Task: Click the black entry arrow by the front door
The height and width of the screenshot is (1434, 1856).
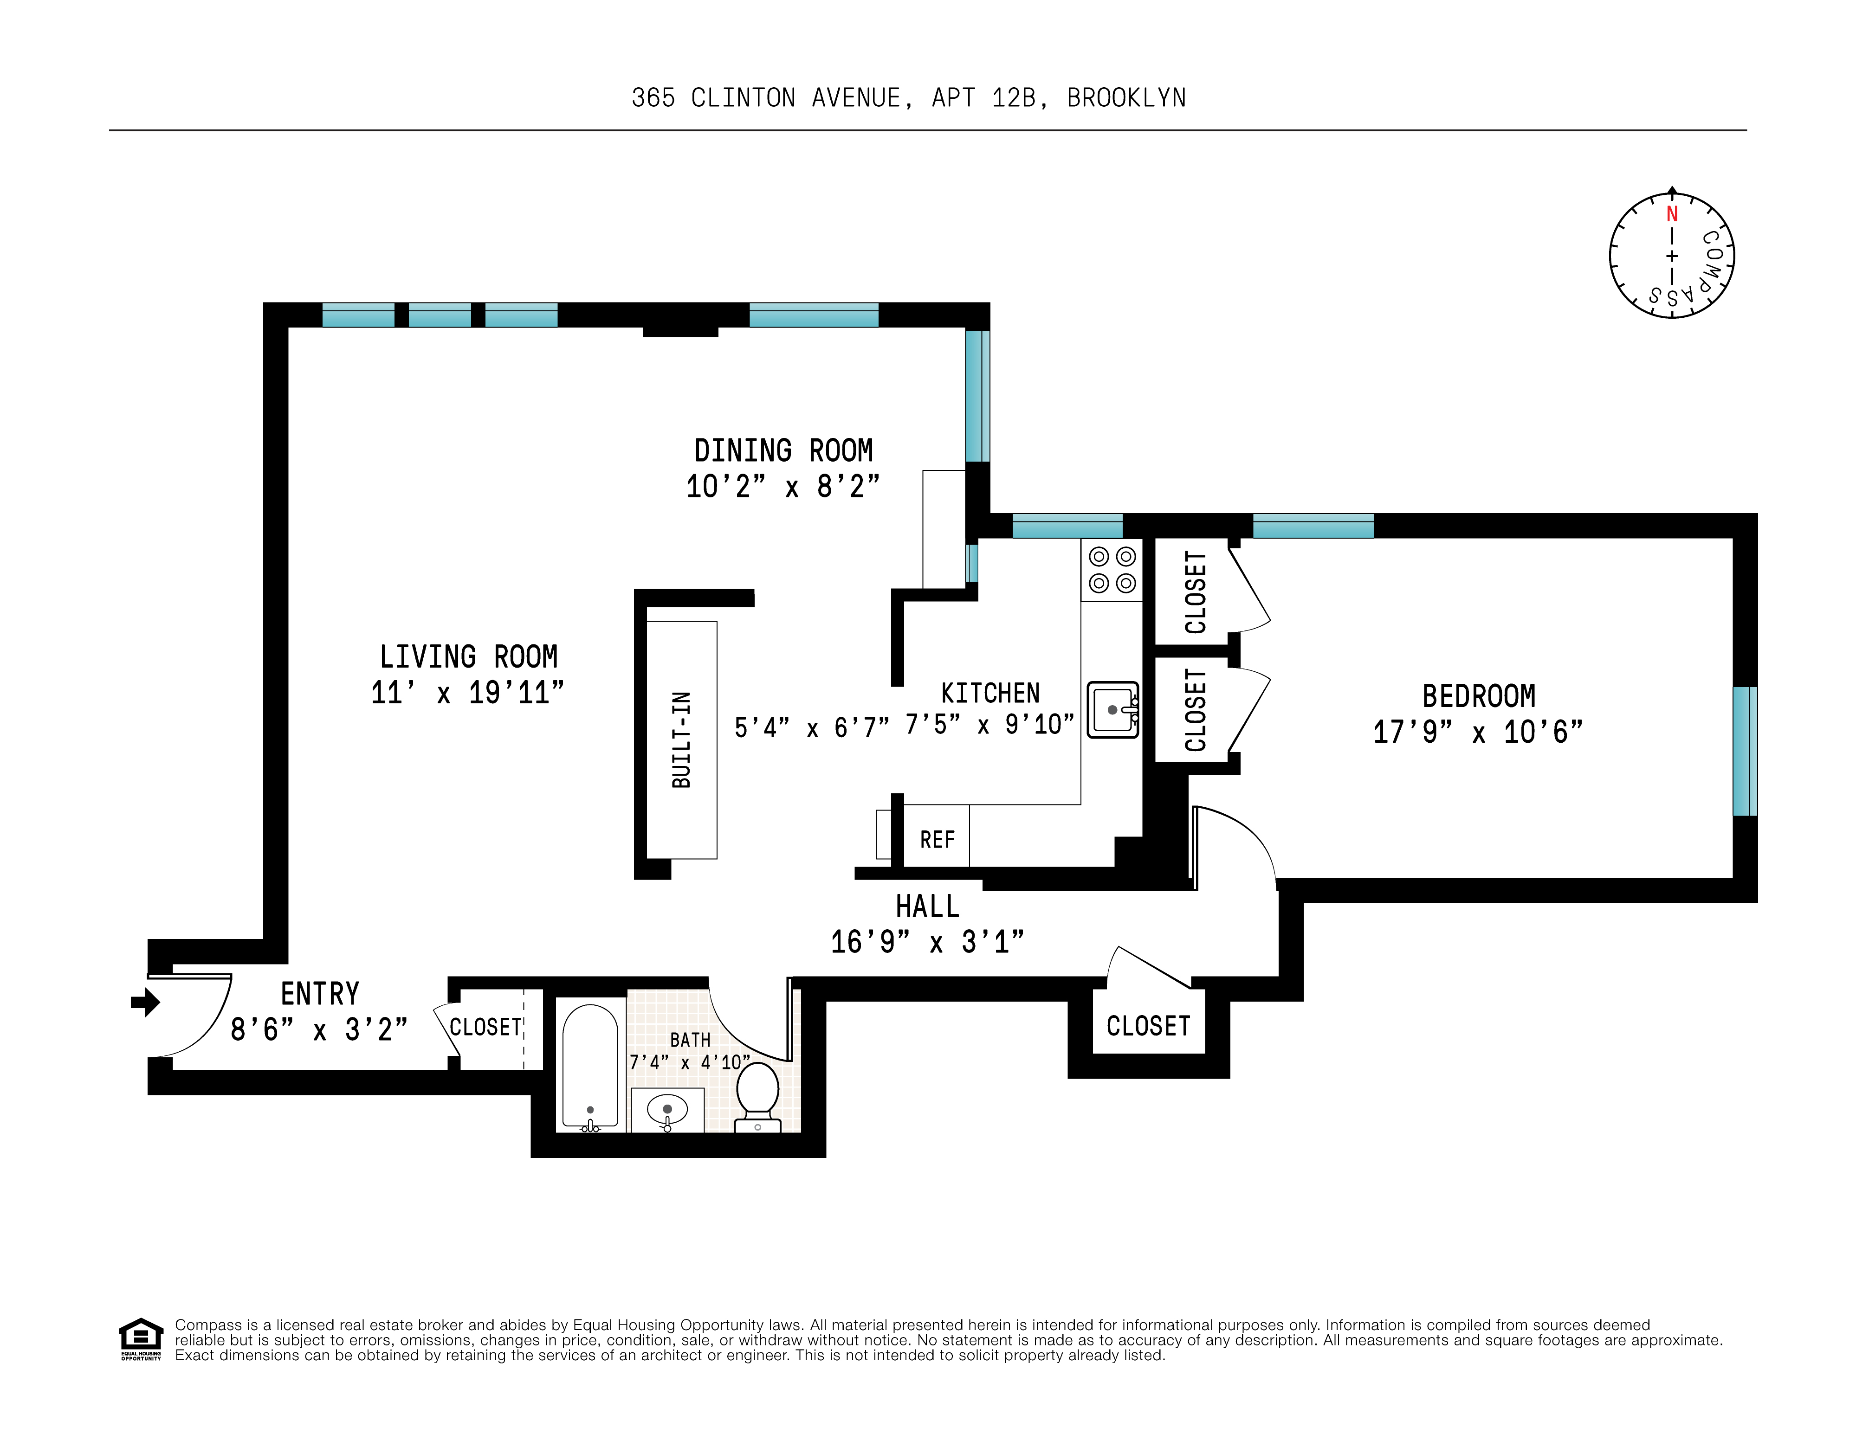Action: [x=145, y=1003]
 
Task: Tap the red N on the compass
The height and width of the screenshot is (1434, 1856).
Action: [x=1672, y=214]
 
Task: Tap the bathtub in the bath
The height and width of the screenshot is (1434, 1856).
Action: [x=590, y=1066]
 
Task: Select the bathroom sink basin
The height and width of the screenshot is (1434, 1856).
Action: [x=667, y=1109]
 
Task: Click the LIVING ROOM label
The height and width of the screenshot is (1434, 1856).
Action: [x=468, y=656]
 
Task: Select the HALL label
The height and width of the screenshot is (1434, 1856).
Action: [x=927, y=907]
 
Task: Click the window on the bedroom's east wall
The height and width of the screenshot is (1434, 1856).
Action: [x=1745, y=751]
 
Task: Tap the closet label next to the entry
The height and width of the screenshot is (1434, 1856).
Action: [x=485, y=1027]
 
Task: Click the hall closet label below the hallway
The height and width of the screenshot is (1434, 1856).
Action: [x=1148, y=1026]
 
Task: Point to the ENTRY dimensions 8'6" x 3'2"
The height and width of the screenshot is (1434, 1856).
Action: [x=319, y=1029]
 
